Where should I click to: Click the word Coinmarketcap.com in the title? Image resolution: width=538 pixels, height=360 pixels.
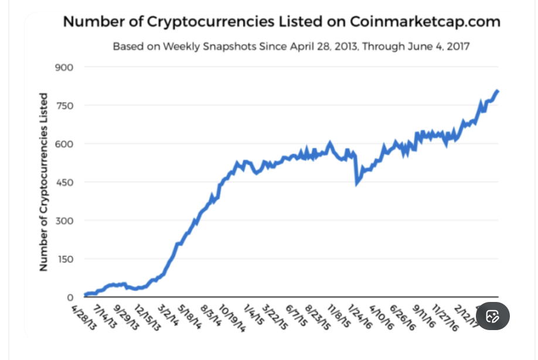pyautogui.click(x=425, y=22)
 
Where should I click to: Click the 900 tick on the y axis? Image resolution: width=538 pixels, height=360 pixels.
pyautogui.click(x=64, y=67)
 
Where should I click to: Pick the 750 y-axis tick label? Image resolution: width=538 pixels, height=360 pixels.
pyautogui.click(x=64, y=106)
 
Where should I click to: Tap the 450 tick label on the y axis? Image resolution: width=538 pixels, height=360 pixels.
pyautogui.click(x=64, y=182)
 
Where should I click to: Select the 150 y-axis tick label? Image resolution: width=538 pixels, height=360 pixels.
pyautogui.click(x=64, y=259)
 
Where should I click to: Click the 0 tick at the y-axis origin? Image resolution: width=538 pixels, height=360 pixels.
pyautogui.click(x=70, y=297)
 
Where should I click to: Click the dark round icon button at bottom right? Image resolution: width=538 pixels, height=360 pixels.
pyautogui.click(x=492, y=317)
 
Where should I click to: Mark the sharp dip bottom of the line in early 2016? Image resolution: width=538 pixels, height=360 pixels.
pyautogui.click(x=357, y=184)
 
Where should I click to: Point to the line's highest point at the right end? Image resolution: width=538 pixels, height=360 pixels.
pyautogui.click(x=498, y=91)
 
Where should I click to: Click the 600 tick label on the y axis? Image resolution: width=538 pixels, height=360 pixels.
pyautogui.click(x=64, y=144)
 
